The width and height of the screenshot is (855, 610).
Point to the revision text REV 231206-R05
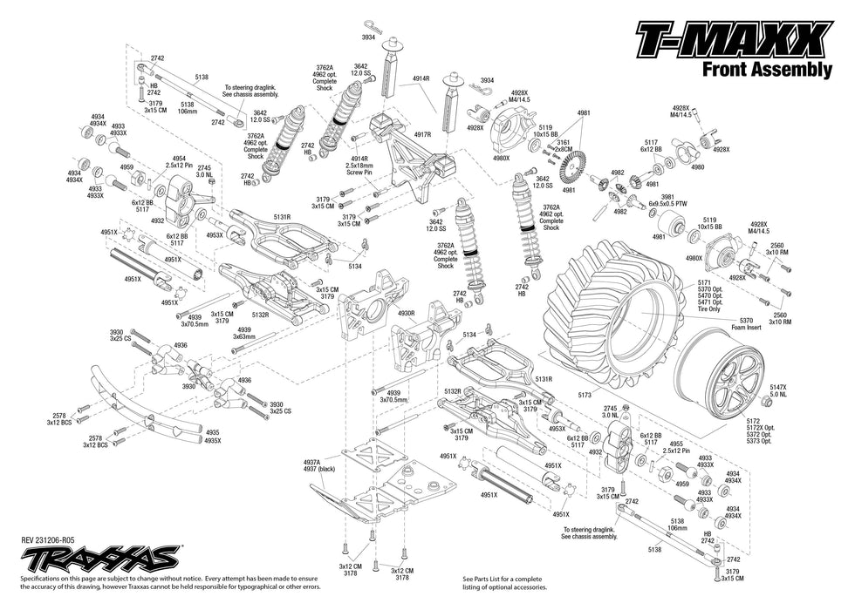click(54, 540)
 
